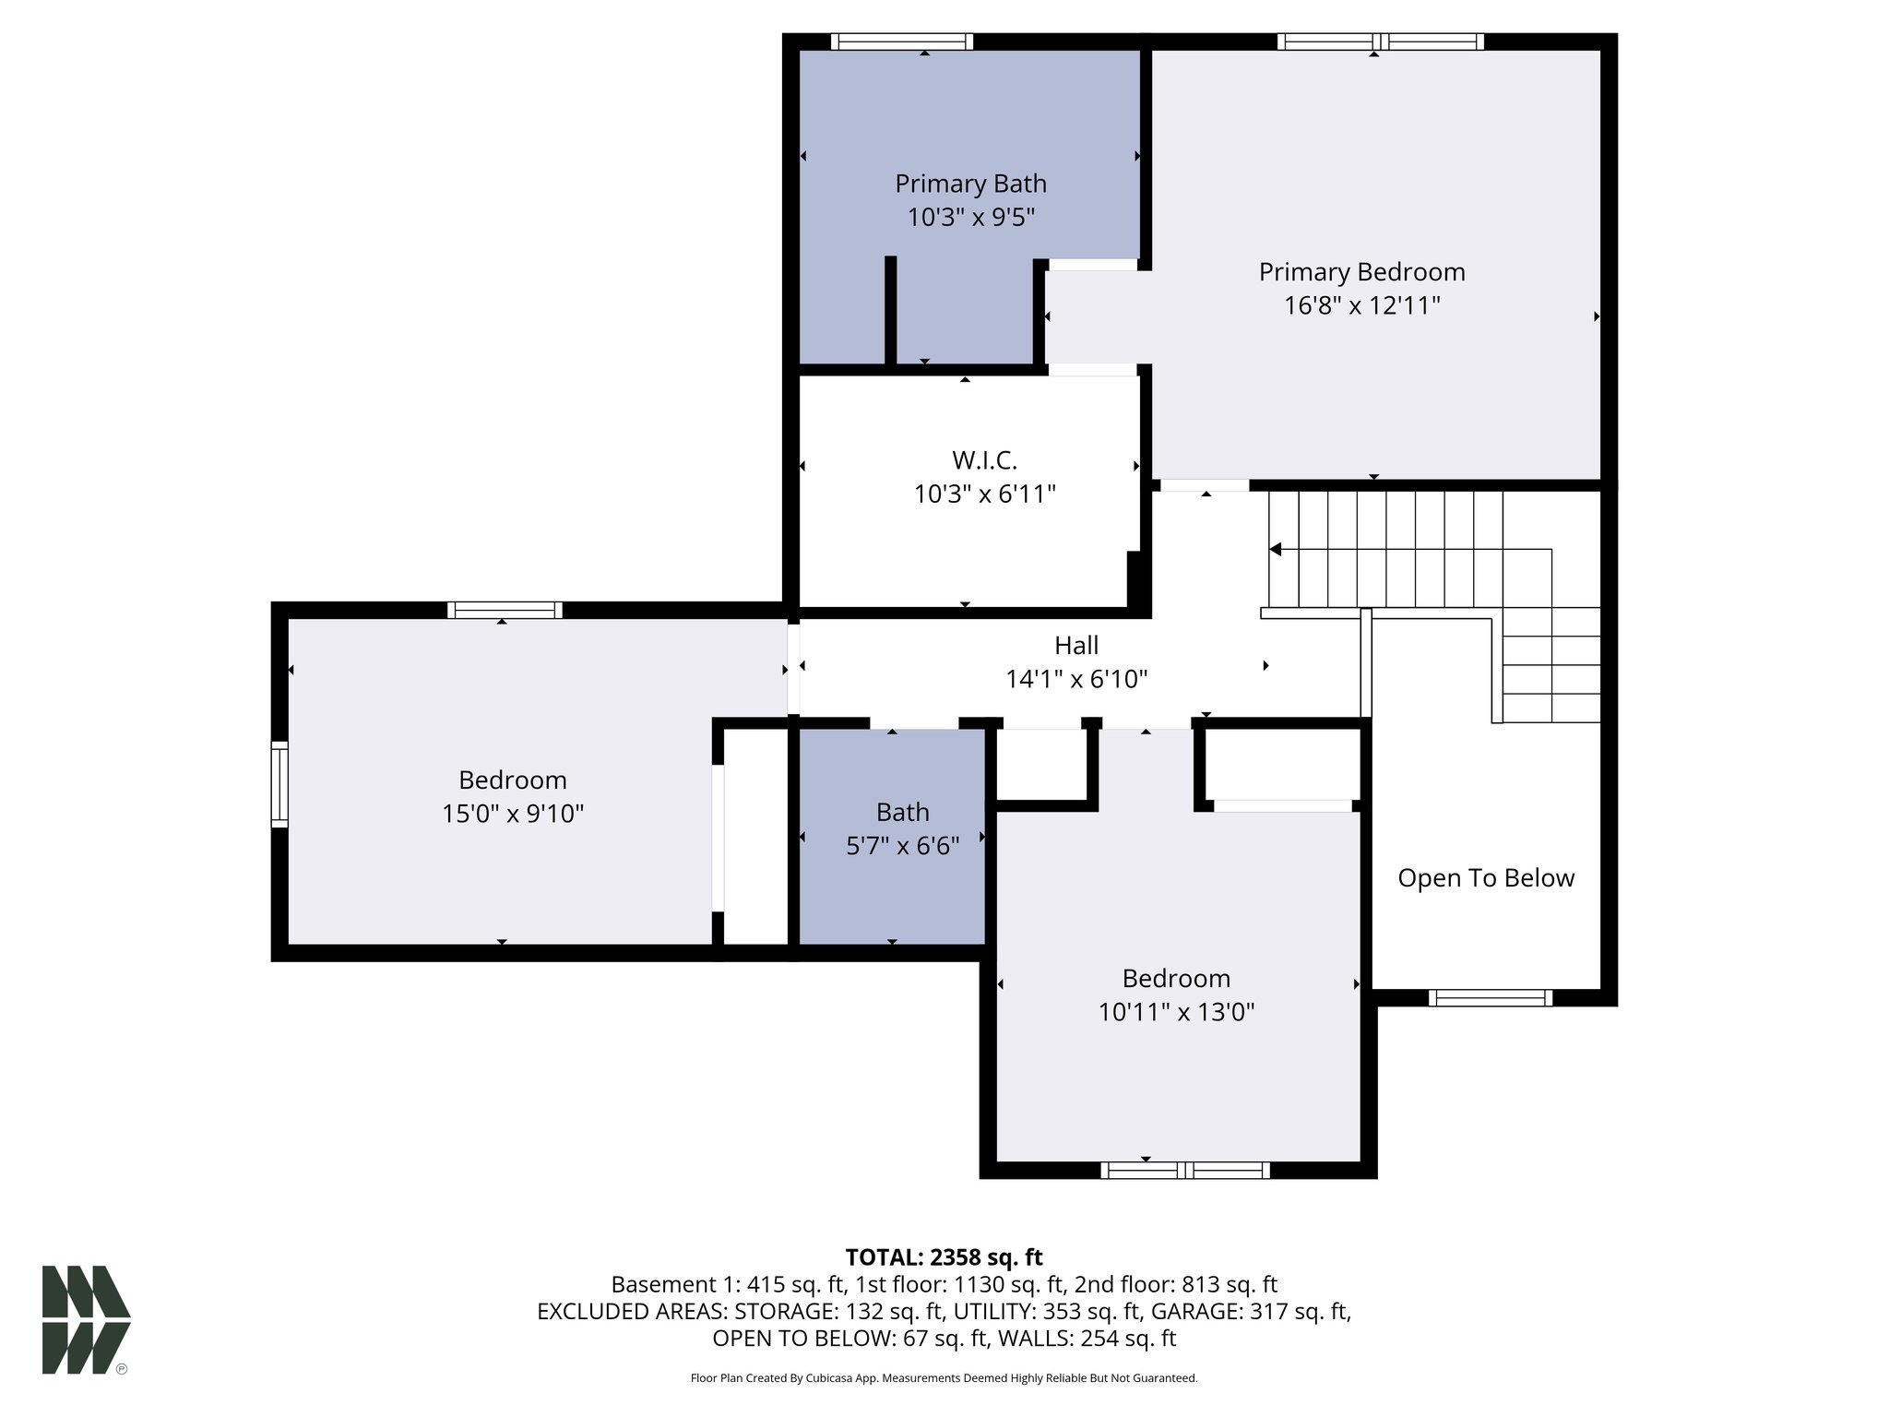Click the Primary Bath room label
tap(970, 184)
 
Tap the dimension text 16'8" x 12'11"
tap(1361, 305)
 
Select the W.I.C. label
tap(984, 459)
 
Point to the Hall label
tap(1076, 645)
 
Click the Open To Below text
tap(1485, 877)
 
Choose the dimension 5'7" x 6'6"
tap(902, 845)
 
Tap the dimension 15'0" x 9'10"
tap(512, 814)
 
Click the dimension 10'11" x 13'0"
tap(1176, 1012)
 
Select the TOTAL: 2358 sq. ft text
tap(944, 1256)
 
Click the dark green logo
tap(86, 1319)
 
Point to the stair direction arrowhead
tap(1276, 550)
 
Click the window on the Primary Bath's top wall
tap(901, 42)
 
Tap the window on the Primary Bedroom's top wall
tap(1380, 42)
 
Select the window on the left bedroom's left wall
tap(279, 783)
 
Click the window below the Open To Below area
tap(1490, 997)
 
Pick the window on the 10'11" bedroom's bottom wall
tap(1184, 1170)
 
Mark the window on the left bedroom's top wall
tap(505, 610)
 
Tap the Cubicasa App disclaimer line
tap(944, 1378)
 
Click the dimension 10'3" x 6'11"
tap(984, 494)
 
